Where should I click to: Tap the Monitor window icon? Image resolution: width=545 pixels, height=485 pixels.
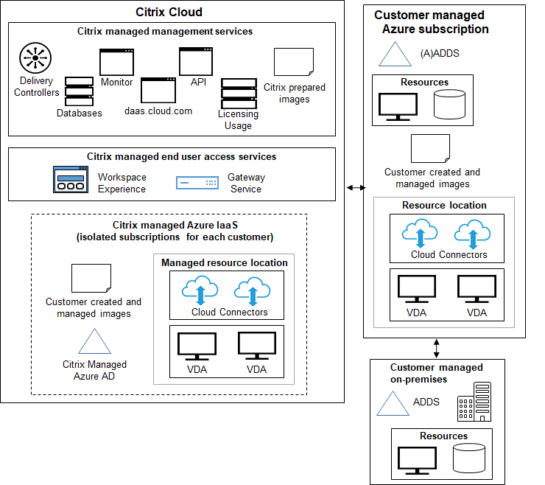117,61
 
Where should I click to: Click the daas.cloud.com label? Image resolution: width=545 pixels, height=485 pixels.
158,111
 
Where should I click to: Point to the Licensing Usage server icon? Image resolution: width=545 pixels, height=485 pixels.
238,92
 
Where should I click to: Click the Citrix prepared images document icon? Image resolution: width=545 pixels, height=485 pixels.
294,65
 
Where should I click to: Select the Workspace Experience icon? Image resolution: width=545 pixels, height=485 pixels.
71,180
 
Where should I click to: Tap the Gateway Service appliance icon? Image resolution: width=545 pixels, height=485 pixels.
197,183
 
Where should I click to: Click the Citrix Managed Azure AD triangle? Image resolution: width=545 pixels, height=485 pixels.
94,343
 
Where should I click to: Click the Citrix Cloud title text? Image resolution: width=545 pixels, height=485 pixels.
169,12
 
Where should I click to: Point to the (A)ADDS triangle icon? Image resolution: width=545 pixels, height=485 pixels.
395,55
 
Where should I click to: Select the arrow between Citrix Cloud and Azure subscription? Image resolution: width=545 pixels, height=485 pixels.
356,189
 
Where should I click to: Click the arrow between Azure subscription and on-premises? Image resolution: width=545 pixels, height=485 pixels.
436,346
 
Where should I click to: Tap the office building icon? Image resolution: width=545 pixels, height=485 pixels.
474,402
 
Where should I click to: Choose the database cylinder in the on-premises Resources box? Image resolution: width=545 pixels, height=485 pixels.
469,458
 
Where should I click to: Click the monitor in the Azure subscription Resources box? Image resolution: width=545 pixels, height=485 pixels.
397,105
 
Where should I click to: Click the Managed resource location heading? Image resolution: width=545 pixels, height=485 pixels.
225,262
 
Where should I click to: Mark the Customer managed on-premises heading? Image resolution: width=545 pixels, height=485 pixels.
436,373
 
